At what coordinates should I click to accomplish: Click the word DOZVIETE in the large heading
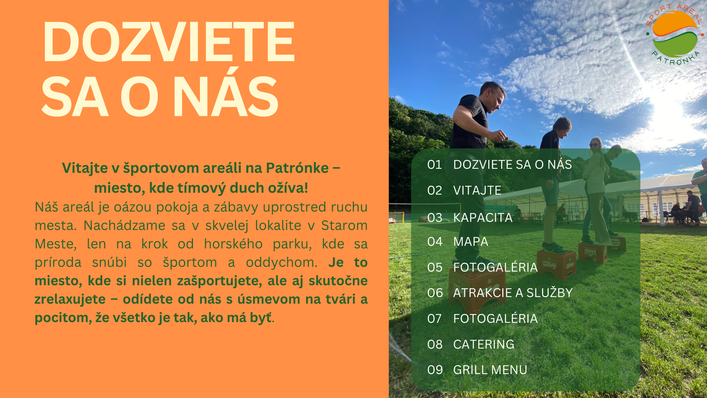(x=169, y=42)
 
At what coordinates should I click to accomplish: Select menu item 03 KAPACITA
(x=470, y=217)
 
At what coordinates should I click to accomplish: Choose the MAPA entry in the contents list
(x=471, y=241)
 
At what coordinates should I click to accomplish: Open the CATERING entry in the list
(x=483, y=344)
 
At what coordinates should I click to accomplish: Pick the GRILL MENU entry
(x=490, y=370)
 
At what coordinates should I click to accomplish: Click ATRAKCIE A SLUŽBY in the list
(x=513, y=293)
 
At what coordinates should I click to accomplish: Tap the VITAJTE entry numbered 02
(x=464, y=190)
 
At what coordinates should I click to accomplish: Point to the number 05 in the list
(x=435, y=267)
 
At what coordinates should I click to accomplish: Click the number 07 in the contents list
(x=435, y=318)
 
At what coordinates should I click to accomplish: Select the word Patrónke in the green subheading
(x=297, y=168)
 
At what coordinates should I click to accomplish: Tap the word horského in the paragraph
(x=233, y=244)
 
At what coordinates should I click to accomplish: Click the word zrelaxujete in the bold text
(x=70, y=299)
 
